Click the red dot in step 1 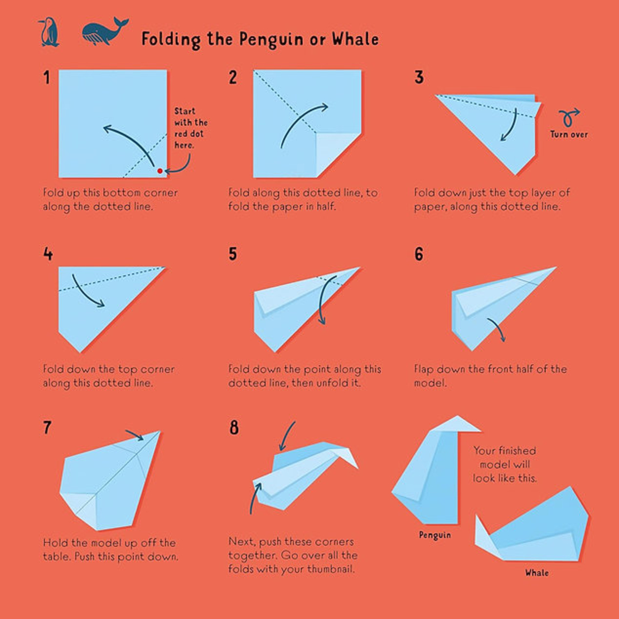(160, 171)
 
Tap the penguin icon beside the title (49, 32)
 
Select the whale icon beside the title (105, 31)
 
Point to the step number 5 (233, 254)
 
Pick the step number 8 (234, 427)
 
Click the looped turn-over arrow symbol (568, 117)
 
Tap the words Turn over (569, 134)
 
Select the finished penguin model (436, 470)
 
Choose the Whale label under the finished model (536, 572)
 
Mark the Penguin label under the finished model (434, 535)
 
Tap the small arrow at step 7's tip (134, 435)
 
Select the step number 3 (419, 78)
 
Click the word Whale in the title (355, 39)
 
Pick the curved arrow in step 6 (497, 328)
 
